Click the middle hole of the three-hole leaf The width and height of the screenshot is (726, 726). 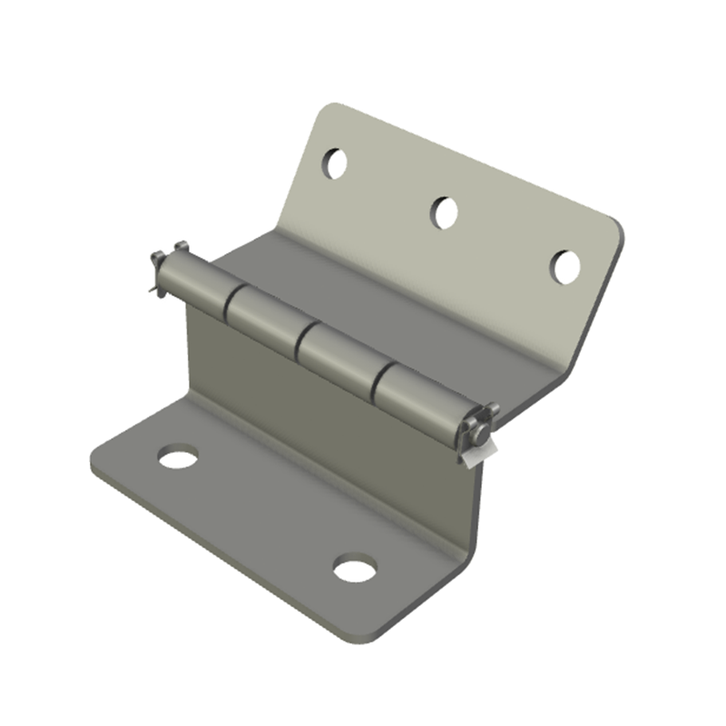tap(444, 212)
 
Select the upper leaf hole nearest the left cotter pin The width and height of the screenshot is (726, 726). tap(335, 163)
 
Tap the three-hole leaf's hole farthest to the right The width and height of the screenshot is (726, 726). tap(566, 267)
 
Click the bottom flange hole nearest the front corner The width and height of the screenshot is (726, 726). tap(354, 570)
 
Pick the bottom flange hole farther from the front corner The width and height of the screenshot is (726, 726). tap(178, 456)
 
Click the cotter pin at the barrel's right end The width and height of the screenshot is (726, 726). tap(478, 427)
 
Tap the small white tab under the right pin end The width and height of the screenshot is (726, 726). tap(477, 454)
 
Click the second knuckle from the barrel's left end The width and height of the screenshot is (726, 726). tap(264, 319)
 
